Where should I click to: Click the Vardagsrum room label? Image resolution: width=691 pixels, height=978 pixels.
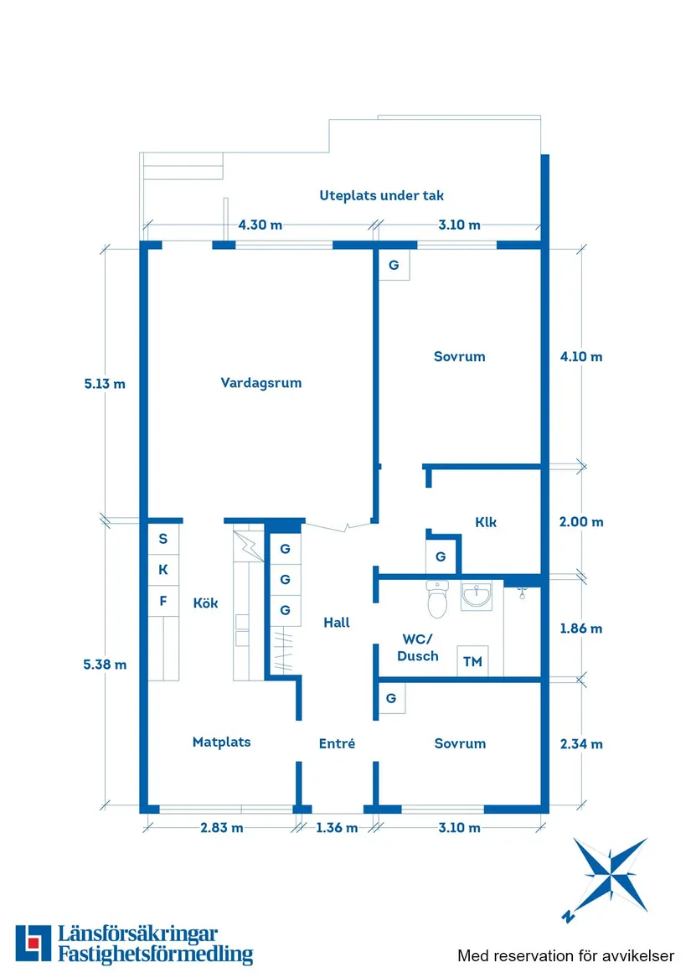[x=260, y=383]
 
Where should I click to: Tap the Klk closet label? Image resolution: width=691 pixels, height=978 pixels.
[x=486, y=521]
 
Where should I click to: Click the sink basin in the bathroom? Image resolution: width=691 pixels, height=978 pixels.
[x=477, y=596]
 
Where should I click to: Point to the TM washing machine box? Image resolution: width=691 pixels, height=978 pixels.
[x=473, y=661]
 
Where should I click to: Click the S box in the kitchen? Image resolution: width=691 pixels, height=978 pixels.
[x=163, y=539]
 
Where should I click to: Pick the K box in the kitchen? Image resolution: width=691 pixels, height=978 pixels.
[x=163, y=570]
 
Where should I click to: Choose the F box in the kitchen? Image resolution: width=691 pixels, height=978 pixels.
[x=163, y=600]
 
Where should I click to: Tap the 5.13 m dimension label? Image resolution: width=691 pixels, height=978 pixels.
[x=105, y=385]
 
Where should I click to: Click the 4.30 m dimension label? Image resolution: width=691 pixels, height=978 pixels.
[x=260, y=225]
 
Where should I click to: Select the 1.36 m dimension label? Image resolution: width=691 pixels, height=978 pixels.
[x=337, y=828]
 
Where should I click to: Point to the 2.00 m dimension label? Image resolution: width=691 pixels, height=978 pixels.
[x=581, y=521]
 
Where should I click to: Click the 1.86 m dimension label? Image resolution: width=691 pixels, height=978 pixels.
[x=581, y=628]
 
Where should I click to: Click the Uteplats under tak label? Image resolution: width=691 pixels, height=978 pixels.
[x=381, y=195]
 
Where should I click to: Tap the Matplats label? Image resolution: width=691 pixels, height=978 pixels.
[x=221, y=742]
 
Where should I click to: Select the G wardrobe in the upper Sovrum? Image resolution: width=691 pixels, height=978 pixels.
[x=393, y=266]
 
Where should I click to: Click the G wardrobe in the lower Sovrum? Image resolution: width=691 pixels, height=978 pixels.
[x=390, y=698]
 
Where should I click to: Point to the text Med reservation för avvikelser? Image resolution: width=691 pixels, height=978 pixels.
[x=565, y=955]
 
